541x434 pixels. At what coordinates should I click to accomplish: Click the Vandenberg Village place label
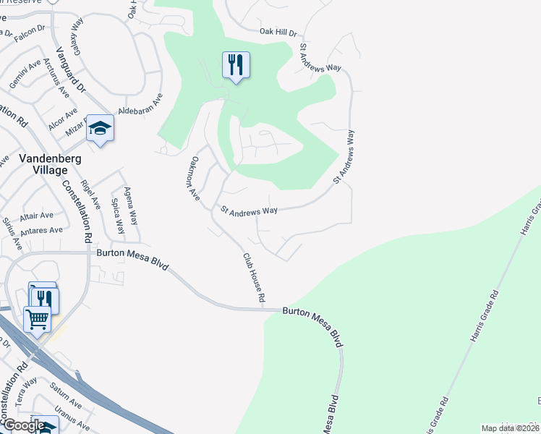[x=41, y=163]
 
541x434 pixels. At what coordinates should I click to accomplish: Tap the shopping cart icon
[x=37, y=318]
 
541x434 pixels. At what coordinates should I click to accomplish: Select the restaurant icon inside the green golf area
[x=236, y=65]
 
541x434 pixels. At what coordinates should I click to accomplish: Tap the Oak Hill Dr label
[x=278, y=33]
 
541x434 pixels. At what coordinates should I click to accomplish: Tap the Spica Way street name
[x=116, y=216]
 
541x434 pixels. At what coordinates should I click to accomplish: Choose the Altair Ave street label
[x=36, y=216]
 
